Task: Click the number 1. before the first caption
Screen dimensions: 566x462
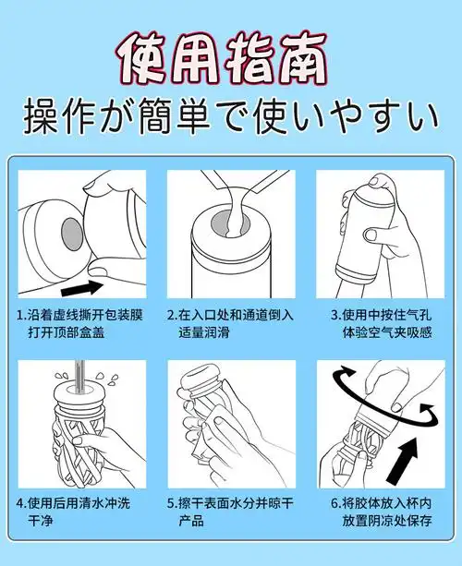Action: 22,314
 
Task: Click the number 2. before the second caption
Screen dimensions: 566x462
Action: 172,314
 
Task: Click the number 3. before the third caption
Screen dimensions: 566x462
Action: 323,314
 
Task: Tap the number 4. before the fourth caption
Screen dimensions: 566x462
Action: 22,504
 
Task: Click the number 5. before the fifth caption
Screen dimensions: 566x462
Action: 172,504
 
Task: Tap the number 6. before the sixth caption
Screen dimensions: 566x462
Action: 335,504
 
